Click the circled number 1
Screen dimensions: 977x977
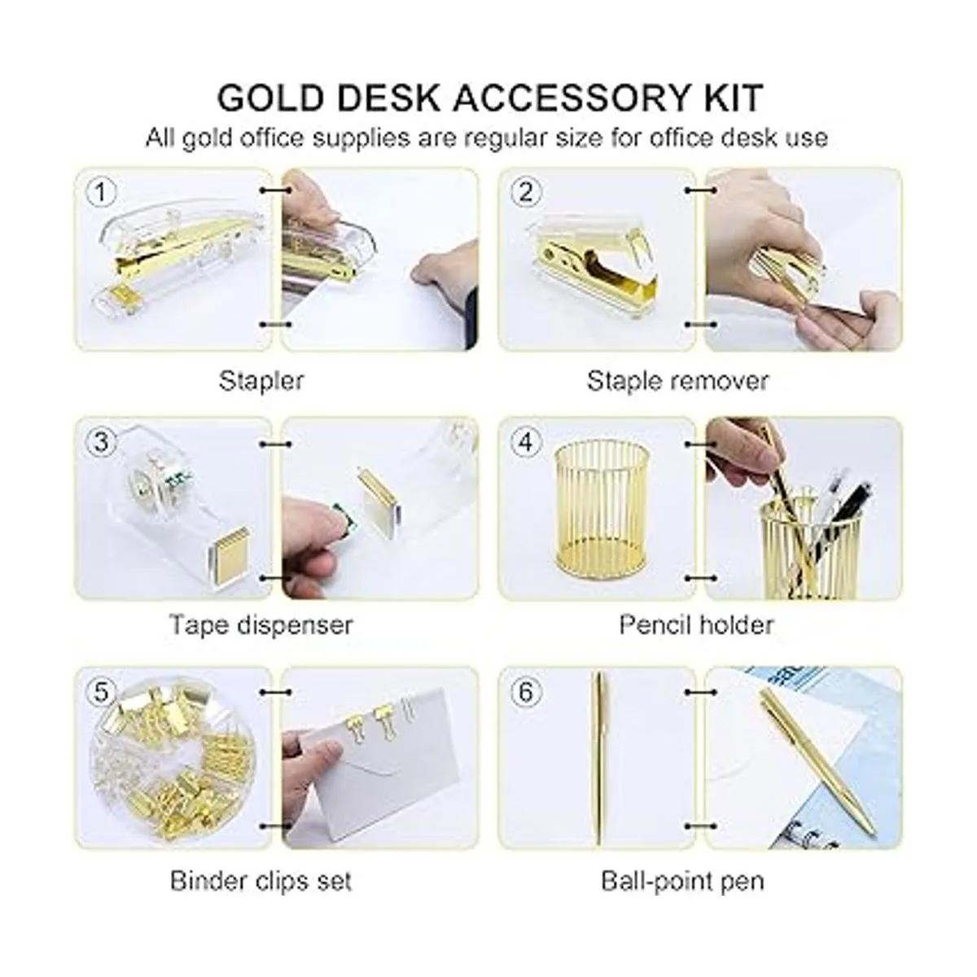pos(101,193)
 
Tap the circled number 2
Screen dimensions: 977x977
pos(525,193)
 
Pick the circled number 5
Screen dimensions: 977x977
pos(101,692)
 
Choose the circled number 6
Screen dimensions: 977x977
pos(525,692)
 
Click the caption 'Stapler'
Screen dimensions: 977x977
pos(261,381)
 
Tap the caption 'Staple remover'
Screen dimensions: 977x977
pos(677,381)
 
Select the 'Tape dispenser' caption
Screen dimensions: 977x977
pos(261,625)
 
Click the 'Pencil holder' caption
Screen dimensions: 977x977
pos(696,625)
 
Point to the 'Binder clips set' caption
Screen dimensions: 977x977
pos(261,881)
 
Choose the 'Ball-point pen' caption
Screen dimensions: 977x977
pos(682,881)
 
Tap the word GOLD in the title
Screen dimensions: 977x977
pos(269,98)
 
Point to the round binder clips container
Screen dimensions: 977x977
pos(175,763)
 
